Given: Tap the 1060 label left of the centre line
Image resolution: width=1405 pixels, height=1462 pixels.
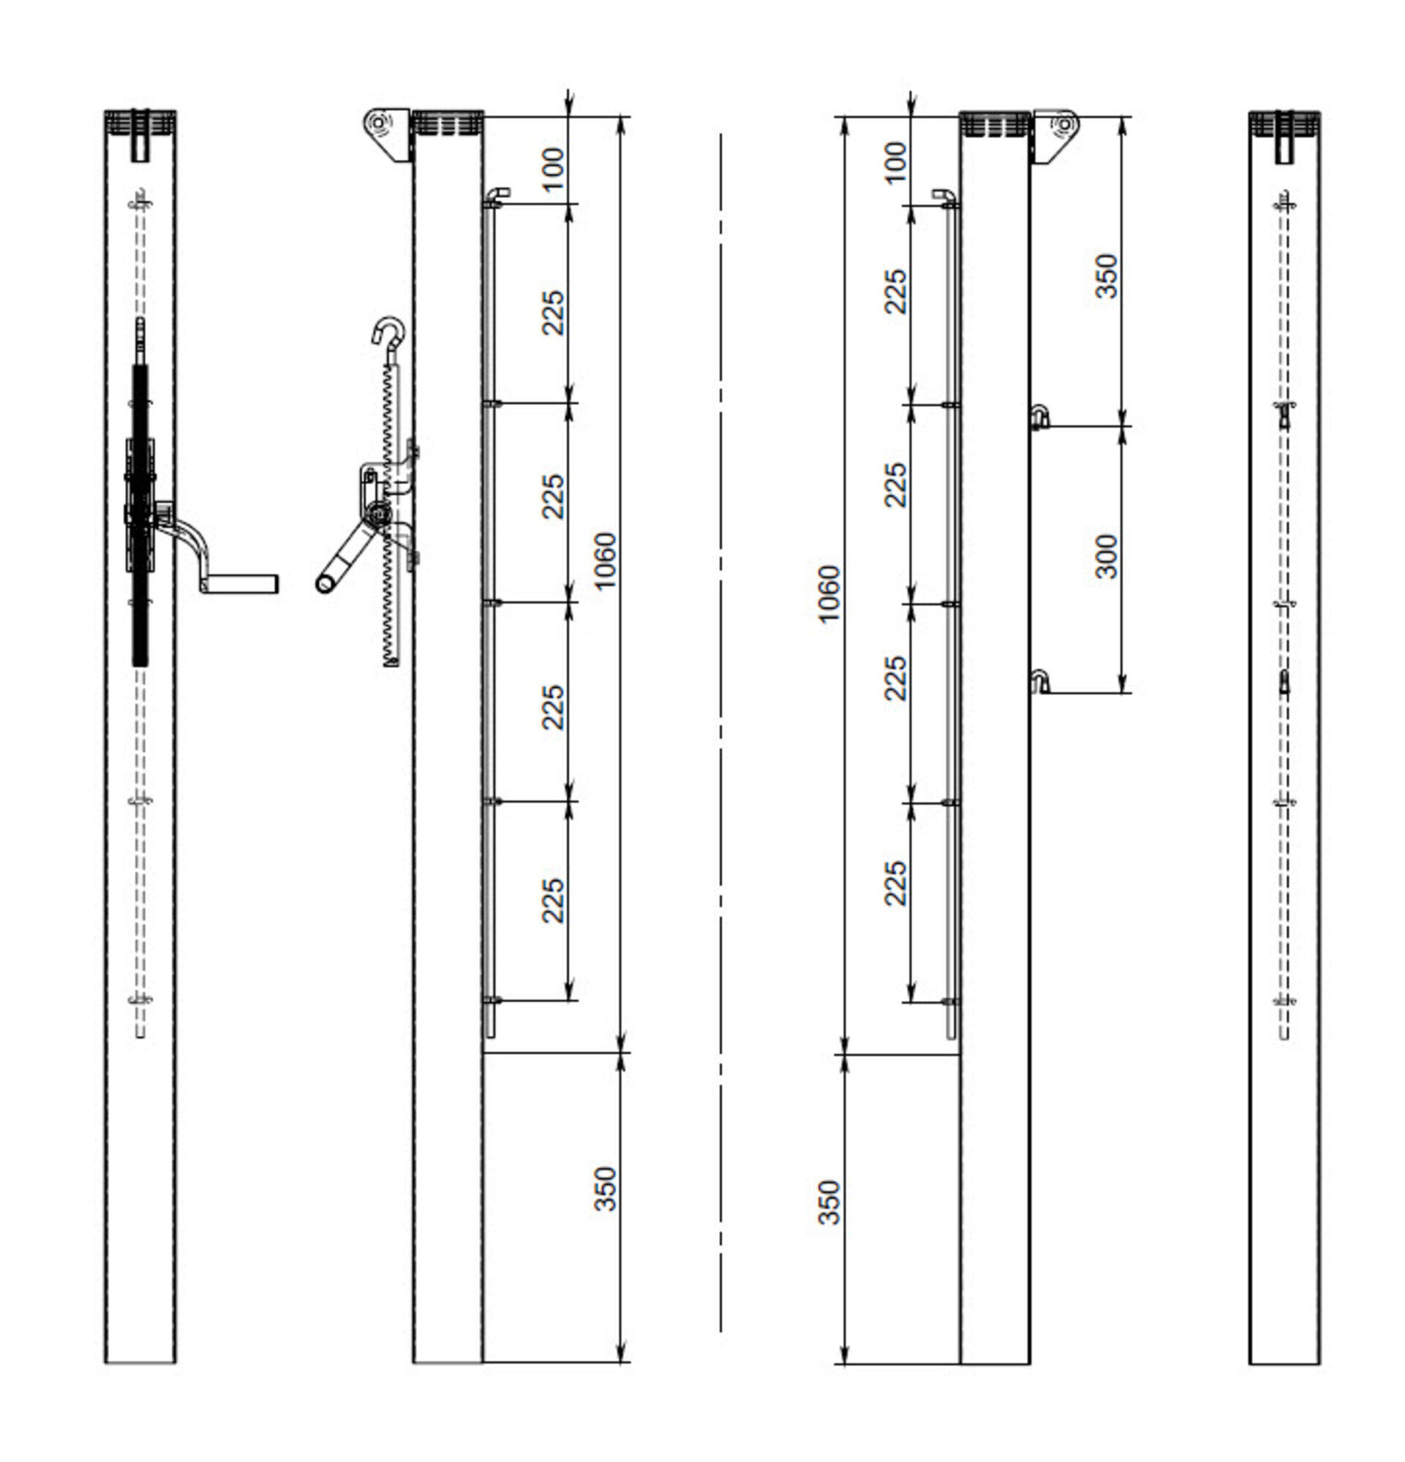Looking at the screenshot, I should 605,559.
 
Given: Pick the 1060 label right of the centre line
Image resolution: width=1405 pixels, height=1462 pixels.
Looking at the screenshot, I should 828,594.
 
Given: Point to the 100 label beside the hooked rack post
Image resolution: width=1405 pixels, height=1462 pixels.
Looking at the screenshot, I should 553,169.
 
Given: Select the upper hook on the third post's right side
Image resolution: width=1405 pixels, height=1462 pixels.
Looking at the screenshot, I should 1039,414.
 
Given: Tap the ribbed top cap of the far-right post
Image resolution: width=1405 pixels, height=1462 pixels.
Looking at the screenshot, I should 1284,122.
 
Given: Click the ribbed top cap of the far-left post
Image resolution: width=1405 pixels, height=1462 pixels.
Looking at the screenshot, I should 140,122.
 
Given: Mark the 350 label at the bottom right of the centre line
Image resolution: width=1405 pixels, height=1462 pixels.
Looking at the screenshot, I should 828,1202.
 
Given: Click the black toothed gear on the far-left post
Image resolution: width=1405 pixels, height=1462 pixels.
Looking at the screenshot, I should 140,515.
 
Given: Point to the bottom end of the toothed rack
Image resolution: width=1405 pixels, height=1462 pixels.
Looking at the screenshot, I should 391,659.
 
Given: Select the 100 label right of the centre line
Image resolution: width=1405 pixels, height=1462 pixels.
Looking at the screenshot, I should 894,161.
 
